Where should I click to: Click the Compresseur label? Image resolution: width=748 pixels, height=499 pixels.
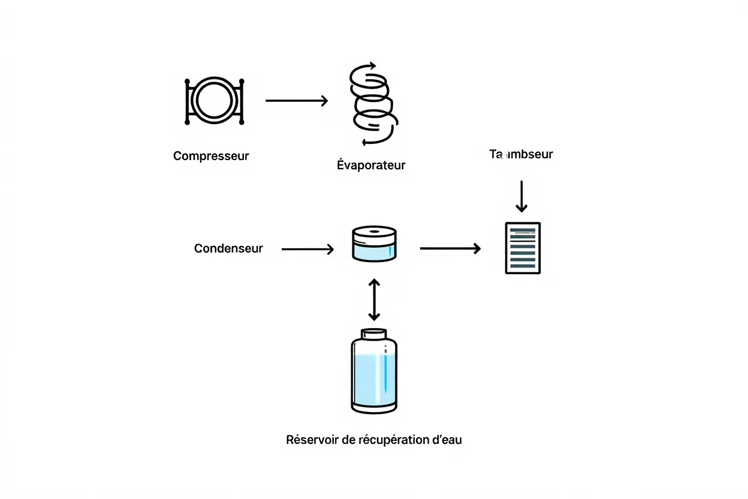pyautogui.click(x=211, y=156)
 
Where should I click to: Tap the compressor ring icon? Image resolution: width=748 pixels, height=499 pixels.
pyautogui.click(x=214, y=101)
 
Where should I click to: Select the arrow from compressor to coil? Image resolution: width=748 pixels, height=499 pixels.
pyautogui.click(x=297, y=101)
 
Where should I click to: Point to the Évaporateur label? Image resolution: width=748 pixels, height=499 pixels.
pyautogui.click(x=371, y=165)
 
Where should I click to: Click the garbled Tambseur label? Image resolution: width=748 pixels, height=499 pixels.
pyautogui.click(x=521, y=154)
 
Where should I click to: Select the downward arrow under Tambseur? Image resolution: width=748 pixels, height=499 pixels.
pyautogui.click(x=521, y=196)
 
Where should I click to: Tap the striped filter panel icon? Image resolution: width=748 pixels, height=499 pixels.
pyautogui.click(x=523, y=248)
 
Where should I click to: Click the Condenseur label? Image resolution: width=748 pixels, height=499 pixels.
pyautogui.click(x=228, y=248)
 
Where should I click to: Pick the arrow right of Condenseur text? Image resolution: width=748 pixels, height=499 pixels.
pyautogui.click(x=307, y=249)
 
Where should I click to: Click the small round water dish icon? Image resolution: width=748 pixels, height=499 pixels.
pyautogui.click(x=374, y=244)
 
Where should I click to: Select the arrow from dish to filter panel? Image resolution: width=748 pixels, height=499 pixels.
pyautogui.click(x=450, y=248)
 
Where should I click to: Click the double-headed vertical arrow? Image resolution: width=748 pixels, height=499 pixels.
pyautogui.click(x=374, y=299)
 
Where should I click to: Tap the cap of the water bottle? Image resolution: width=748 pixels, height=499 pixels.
pyautogui.click(x=373, y=333)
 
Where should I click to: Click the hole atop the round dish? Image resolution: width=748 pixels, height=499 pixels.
pyautogui.click(x=374, y=232)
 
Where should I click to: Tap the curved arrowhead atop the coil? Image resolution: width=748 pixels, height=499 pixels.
pyautogui.click(x=371, y=65)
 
